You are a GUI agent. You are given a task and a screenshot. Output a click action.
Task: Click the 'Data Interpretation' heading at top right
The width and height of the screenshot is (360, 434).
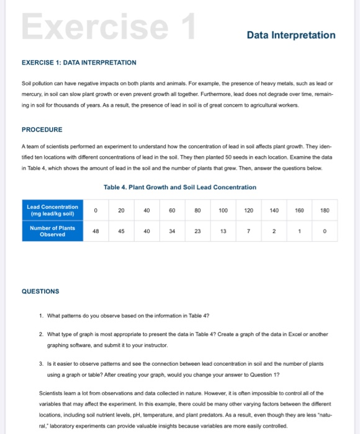tap(290, 35)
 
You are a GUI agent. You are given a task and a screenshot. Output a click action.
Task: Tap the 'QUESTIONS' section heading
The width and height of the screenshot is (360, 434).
tap(40, 291)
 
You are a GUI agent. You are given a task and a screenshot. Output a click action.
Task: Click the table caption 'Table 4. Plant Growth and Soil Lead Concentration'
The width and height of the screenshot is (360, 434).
tap(181, 187)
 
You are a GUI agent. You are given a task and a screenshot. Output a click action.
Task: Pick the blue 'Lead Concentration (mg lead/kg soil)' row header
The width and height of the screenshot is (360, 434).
tap(52, 210)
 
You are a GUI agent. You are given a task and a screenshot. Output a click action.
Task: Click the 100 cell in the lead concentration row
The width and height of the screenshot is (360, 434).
tap(223, 210)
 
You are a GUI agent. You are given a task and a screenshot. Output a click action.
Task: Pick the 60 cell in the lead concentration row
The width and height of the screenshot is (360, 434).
tap(172, 210)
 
